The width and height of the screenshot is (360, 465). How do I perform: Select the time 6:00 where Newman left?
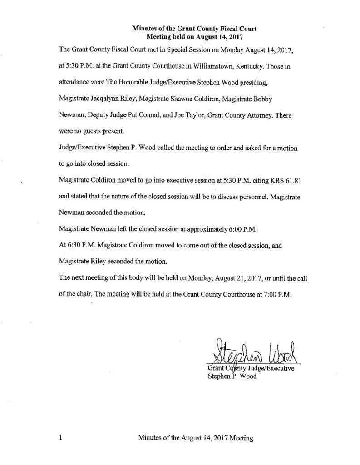pos(220,228)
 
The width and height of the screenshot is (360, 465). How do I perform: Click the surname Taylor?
pos(187,116)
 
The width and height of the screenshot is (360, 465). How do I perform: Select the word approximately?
pos(187,228)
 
